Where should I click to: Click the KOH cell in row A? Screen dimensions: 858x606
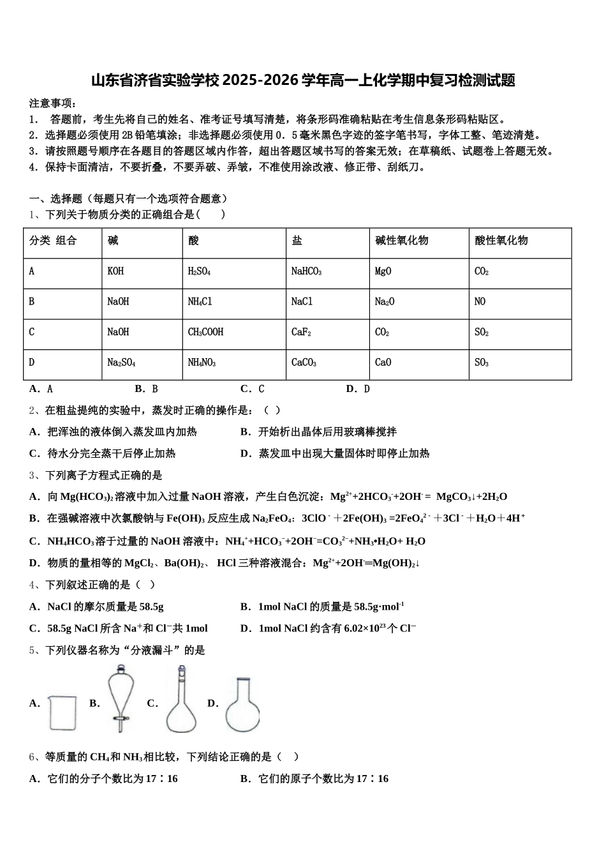tap(115, 271)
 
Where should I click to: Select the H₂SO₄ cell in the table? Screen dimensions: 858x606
tap(199, 271)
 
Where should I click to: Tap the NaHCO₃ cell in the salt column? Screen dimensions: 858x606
tap(306, 271)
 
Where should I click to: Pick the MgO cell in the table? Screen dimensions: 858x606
tap(383, 271)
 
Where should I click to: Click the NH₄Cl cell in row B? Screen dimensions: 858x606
tap(200, 301)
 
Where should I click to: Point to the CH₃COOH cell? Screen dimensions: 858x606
tap(205, 332)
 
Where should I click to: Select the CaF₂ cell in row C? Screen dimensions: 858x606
tap(301, 332)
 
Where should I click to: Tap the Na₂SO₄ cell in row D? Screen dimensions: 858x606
tap(121, 363)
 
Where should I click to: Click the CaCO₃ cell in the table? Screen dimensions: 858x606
tap(304, 363)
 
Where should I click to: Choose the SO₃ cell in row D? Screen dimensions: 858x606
tap(482, 363)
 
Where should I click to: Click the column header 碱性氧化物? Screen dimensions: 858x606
tap(401, 241)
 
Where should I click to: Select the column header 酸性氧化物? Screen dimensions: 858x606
tap(501, 241)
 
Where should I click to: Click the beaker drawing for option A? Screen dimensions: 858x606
tap(63, 712)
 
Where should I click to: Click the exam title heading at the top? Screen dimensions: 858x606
tap(302, 80)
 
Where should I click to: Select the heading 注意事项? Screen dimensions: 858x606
tap(52, 103)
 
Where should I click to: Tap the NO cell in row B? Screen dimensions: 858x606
tap(480, 301)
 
